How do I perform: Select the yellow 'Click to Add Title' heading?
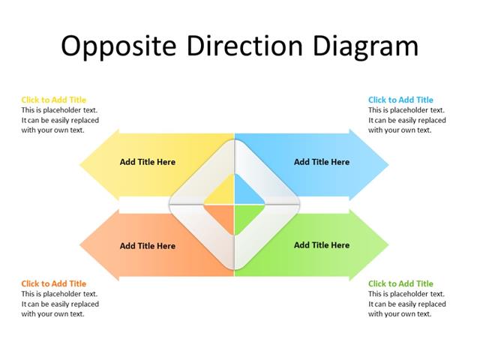point(53,100)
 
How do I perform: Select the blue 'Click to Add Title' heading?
point(400,100)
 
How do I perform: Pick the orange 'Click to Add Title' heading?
point(53,283)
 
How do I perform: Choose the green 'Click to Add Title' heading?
point(400,283)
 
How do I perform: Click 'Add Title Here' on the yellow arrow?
point(148,162)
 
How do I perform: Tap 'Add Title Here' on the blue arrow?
point(322,162)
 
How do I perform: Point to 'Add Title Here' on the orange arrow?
point(148,246)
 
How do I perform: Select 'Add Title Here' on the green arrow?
point(322,245)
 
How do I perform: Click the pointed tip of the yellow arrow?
point(81,165)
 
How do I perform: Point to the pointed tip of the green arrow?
point(388,244)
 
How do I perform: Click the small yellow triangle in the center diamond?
point(222,194)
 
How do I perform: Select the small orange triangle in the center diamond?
point(222,214)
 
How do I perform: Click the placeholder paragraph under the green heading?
point(406,304)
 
